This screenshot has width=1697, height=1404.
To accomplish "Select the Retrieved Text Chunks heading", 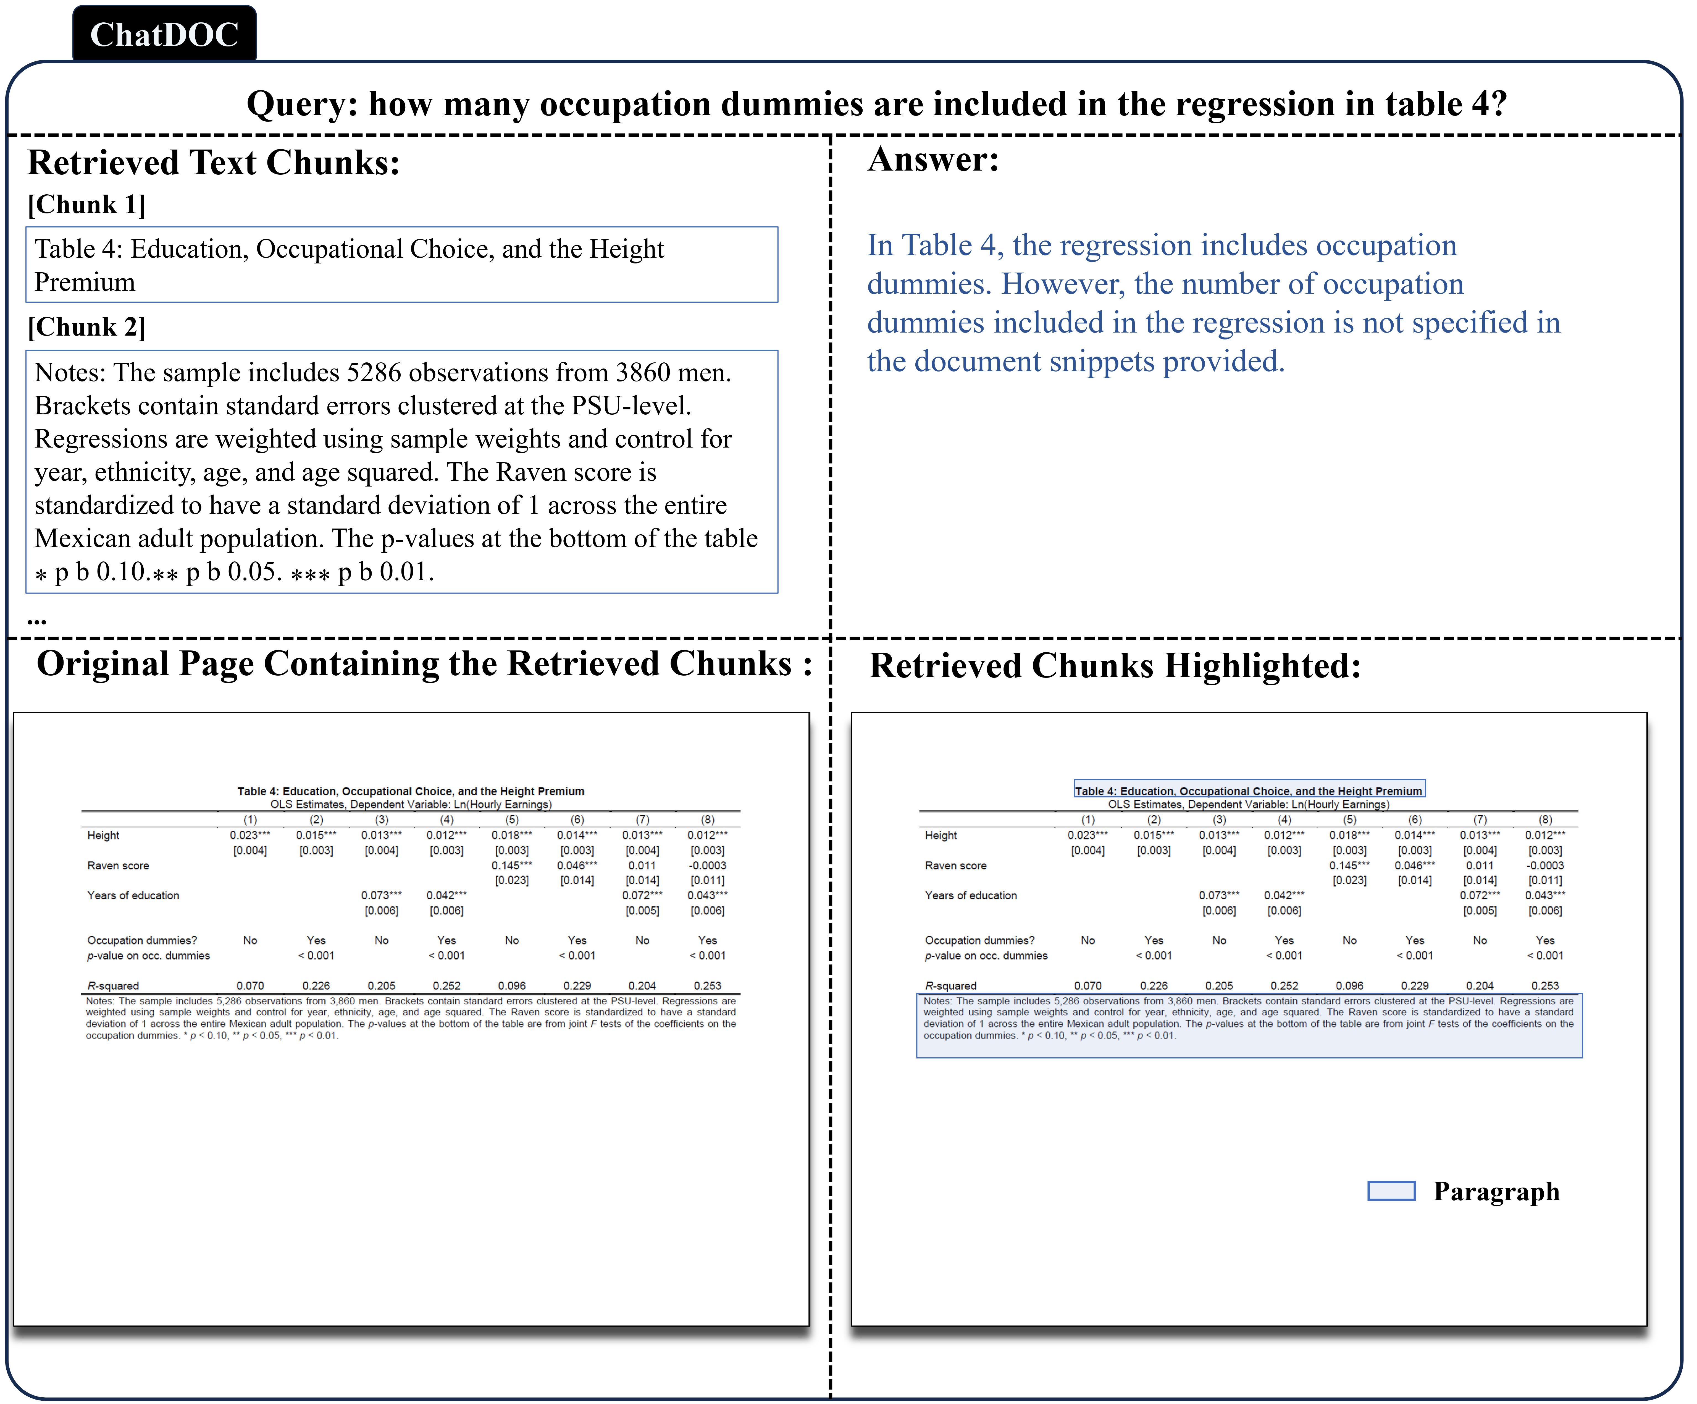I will pos(214,163).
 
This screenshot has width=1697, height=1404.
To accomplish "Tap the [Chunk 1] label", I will pos(86,205).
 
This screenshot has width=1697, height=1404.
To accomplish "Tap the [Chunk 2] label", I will pos(86,327).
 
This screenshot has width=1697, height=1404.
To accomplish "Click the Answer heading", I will pos(933,159).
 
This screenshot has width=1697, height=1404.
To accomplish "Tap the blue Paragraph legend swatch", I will pos(1391,1191).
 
